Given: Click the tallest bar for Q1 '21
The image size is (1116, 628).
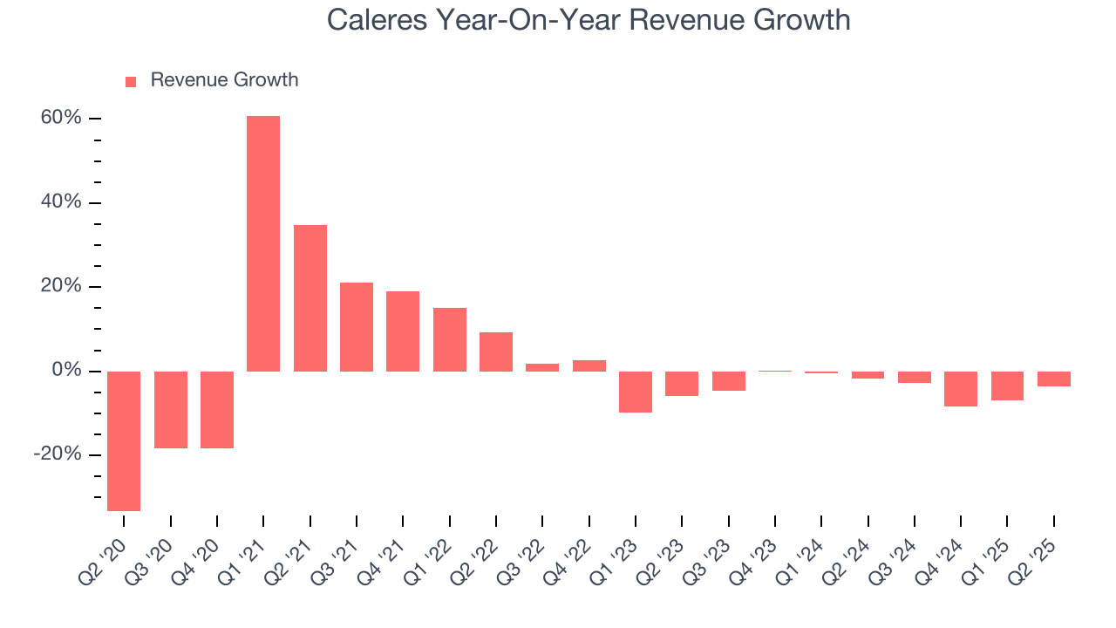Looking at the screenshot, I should coord(263,243).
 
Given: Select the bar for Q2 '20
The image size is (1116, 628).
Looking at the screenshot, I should coord(124,440).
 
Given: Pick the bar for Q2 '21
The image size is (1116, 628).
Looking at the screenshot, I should coord(310,298).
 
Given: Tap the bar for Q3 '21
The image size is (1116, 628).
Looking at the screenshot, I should coord(357,327).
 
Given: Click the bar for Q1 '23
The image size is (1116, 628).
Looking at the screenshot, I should coord(636,392).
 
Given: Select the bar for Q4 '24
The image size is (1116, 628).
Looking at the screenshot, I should coord(961,388).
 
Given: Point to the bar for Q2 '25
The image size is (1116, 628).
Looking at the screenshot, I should coord(1053,379).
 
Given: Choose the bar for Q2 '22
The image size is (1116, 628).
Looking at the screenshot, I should coord(496,352).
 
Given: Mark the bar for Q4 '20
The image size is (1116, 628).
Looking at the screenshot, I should coord(217,410).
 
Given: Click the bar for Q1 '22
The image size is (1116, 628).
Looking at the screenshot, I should coord(450,339).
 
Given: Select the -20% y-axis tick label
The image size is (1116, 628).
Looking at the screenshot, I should coord(58,454).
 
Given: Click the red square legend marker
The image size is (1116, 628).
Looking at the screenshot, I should coord(131,81).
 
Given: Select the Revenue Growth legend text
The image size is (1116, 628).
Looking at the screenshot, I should coord(224,80).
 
